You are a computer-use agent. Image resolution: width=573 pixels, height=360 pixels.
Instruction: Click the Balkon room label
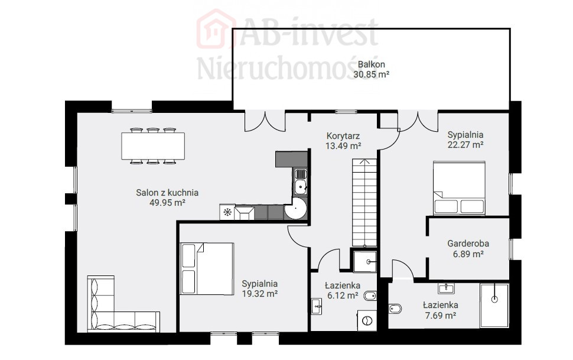[x=372, y=64]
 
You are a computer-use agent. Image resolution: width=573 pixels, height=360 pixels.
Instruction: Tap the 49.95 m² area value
[x=167, y=203]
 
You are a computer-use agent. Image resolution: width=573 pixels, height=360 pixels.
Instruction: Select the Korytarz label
[x=343, y=136]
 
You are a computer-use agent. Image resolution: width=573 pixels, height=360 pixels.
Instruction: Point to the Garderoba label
[x=468, y=244]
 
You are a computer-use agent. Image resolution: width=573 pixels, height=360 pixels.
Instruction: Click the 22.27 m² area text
[x=465, y=145]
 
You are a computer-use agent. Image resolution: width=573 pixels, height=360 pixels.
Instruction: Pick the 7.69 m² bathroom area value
[x=441, y=315]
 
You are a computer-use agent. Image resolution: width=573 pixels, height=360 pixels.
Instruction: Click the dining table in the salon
[x=153, y=146]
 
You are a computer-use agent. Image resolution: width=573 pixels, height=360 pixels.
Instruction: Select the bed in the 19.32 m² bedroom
[x=207, y=268]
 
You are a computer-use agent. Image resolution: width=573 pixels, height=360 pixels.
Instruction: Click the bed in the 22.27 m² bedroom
[x=460, y=188]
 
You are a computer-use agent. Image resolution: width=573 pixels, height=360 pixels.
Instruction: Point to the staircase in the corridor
[x=364, y=202]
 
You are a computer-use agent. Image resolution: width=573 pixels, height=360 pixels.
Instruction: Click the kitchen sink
[x=301, y=182]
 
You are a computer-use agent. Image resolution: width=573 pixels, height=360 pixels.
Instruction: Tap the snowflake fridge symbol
[x=227, y=212]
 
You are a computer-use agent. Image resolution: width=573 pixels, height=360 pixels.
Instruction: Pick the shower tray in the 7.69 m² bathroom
[x=494, y=306]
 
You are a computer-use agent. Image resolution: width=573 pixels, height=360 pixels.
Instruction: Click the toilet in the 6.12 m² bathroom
[x=370, y=296]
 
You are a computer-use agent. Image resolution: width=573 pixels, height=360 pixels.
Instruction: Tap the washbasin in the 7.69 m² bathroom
[x=446, y=288]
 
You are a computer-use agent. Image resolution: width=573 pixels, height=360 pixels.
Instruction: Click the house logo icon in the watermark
[x=216, y=30]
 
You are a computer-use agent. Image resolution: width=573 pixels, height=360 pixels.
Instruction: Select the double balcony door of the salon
[x=265, y=121]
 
